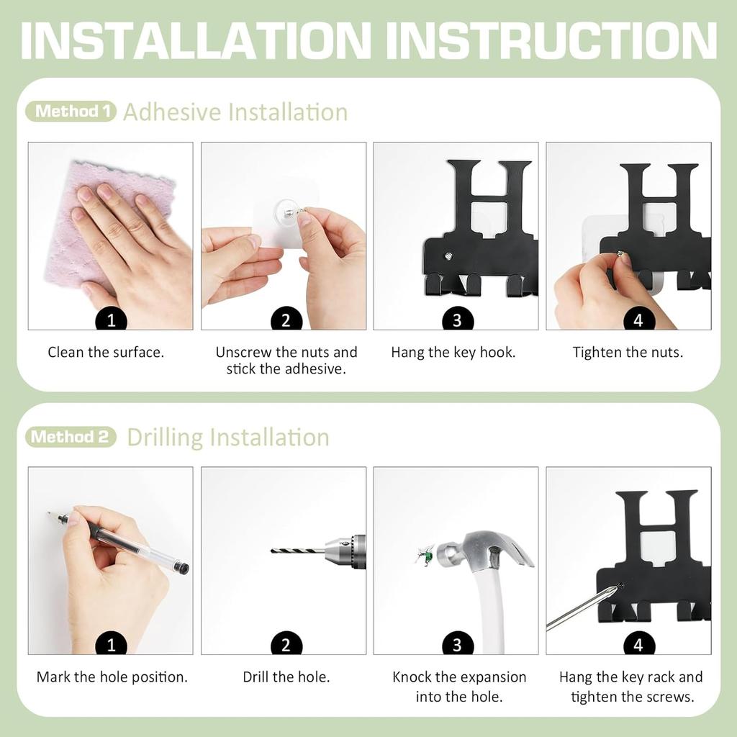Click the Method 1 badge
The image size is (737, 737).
[x=71, y=112]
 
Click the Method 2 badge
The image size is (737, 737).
[x=71, y=437]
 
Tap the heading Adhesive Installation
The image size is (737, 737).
[x=235, y=112]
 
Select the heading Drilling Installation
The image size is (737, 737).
[x=228, y=438]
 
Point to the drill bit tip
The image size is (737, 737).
[x=274, y=551]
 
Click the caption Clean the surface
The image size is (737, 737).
[x=106, y=353]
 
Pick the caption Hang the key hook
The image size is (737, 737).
[x=453, y=353]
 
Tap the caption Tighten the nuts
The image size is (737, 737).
[x=628, y=353]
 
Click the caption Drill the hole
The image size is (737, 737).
[x=286, y=677]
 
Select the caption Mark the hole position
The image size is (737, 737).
[x=112, y=677]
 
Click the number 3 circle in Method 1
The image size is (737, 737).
[x=457, y=320]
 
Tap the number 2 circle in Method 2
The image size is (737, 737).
[x=286, y=645]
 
